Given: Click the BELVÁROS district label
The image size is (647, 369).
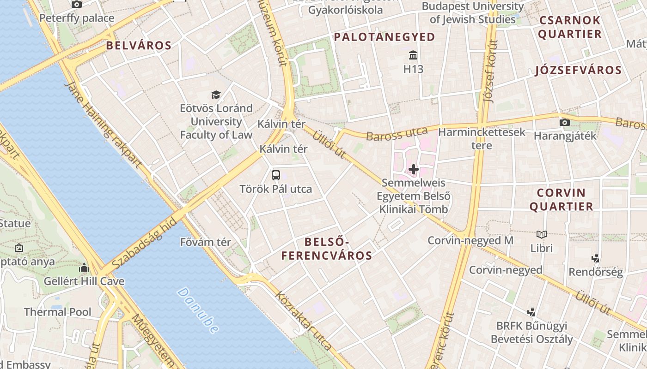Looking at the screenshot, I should pos(139,45).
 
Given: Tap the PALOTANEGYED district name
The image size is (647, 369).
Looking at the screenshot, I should pos(385,37).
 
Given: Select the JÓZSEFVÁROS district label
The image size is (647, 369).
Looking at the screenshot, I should pos(578,71).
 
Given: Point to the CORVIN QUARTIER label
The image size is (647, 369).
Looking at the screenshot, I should pos(561,199).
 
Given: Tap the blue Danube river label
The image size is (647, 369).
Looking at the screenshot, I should pos(197,310).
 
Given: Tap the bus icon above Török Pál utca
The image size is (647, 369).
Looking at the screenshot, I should pos(276,175).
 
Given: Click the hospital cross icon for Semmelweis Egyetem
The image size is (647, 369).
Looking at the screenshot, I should pos(414,169).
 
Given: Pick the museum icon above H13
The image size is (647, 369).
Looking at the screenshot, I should pos(413,56).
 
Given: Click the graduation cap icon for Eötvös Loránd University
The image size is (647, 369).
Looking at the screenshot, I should pos(216,95).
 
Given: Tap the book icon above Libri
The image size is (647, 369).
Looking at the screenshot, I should pos(542,234).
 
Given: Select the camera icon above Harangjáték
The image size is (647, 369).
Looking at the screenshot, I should pos(564,122).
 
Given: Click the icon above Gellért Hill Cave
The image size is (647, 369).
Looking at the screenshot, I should pos(84,268).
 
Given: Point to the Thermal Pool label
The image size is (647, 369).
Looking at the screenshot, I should pos(58,312).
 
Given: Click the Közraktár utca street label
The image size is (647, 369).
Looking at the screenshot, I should pos(304,320).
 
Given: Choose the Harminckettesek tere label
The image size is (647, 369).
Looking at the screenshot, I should pos(482,138).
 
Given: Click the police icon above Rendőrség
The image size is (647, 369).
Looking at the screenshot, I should pos(596,258).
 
